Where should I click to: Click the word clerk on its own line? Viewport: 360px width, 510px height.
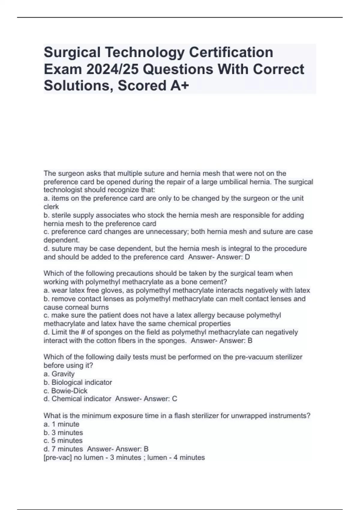click(51, 207)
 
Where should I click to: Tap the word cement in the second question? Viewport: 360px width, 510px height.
click(214, 282)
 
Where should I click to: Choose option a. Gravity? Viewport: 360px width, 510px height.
click(59, 374)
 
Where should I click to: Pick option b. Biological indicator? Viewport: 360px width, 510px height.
click(78, 382)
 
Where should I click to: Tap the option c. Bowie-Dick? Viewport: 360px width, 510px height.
click(65, 391)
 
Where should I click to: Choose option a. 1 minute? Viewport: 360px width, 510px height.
click(61, 424)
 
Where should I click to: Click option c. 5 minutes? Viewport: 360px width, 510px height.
click(63, 441)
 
